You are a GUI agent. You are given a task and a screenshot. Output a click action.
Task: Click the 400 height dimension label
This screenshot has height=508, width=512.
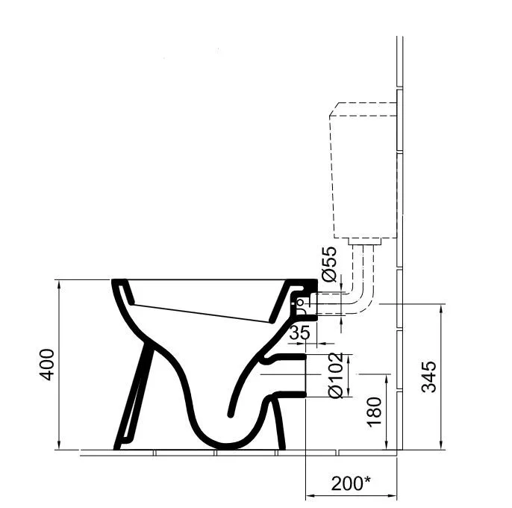click(47, 365)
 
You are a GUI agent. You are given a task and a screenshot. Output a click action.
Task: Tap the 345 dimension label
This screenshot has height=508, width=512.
click(428, 377)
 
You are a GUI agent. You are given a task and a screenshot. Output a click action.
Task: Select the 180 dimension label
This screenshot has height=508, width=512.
click(374, 412)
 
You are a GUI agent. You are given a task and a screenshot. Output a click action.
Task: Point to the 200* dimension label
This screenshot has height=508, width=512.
click(351, 483)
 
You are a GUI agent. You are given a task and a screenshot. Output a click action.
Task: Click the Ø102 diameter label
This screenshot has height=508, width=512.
click(336, 375)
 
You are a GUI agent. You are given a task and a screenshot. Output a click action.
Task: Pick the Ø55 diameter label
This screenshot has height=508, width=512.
click(328, 264)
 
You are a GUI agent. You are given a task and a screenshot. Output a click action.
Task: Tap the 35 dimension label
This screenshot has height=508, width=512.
click(300, 332)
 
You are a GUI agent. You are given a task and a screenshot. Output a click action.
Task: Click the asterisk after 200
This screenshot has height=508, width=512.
click(367, 480)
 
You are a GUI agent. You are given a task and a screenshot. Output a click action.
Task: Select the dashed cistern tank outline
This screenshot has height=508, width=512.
click(363, 170)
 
